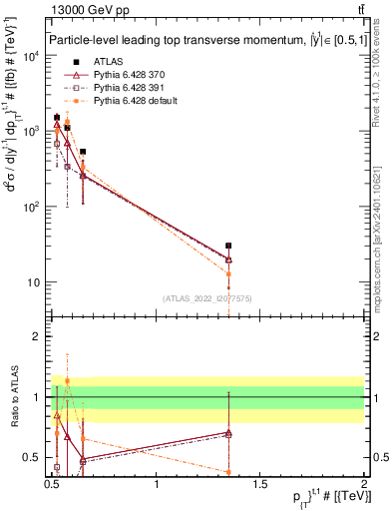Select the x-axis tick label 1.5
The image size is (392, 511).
pos(260,485)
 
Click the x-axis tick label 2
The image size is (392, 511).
pos(363,485)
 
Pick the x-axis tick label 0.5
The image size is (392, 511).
pos(52,485)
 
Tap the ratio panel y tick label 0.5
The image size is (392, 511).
pos(33,458)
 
